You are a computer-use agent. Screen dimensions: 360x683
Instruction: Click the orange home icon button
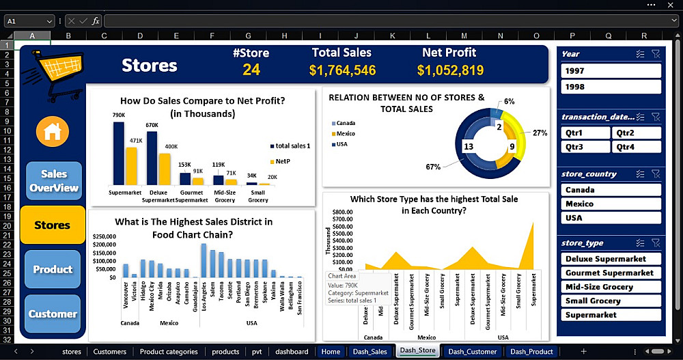[x=53, y=132]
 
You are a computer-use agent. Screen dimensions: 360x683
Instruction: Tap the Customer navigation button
[x=53, y=314]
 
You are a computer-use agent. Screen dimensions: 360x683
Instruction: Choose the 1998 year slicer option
[x=611, y=87]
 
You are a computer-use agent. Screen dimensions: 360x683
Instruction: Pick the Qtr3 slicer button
[x=585, y=147]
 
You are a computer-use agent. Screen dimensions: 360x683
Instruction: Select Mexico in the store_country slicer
[x=611, y=204]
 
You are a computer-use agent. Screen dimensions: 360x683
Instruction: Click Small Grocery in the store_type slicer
[x=611, y=301]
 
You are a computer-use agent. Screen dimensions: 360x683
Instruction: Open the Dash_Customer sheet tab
[x=473, y=352]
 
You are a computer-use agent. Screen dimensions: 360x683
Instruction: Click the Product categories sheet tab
[x=169, y=352]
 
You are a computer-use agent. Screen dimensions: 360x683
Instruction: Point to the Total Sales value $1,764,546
[x=342, y=70]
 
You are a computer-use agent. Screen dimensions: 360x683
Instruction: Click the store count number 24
[x=251, y=70]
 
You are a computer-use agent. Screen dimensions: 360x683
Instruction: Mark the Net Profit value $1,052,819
[x=450, y=70]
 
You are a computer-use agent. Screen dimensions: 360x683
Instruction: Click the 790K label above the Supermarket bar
[x=119, y=115]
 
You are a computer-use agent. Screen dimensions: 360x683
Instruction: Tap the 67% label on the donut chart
[x=432, y=167]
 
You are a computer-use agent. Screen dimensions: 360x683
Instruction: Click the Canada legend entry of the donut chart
[x=345, y=124]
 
